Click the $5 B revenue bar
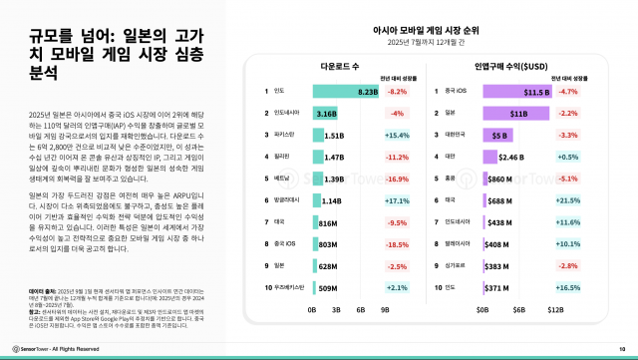[495, 134]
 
